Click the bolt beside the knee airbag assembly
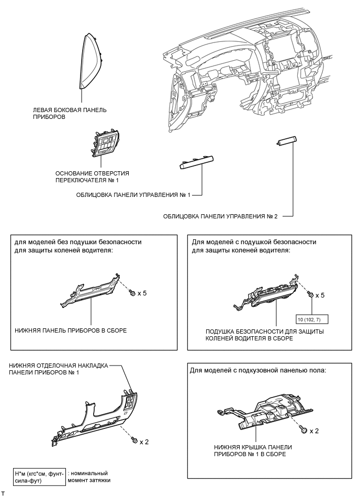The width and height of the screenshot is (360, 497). click(311, 295)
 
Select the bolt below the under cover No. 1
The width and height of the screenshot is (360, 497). click(302, 430)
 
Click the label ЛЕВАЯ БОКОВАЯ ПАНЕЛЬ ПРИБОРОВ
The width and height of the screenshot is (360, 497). click(70, 114)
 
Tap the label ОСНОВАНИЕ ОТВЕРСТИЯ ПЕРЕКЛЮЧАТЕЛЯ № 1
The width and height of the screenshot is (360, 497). click(92, 176)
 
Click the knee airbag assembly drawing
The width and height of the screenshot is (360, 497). click(266, 298)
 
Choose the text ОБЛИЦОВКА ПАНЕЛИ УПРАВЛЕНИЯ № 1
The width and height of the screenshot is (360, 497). click(133, 195)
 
